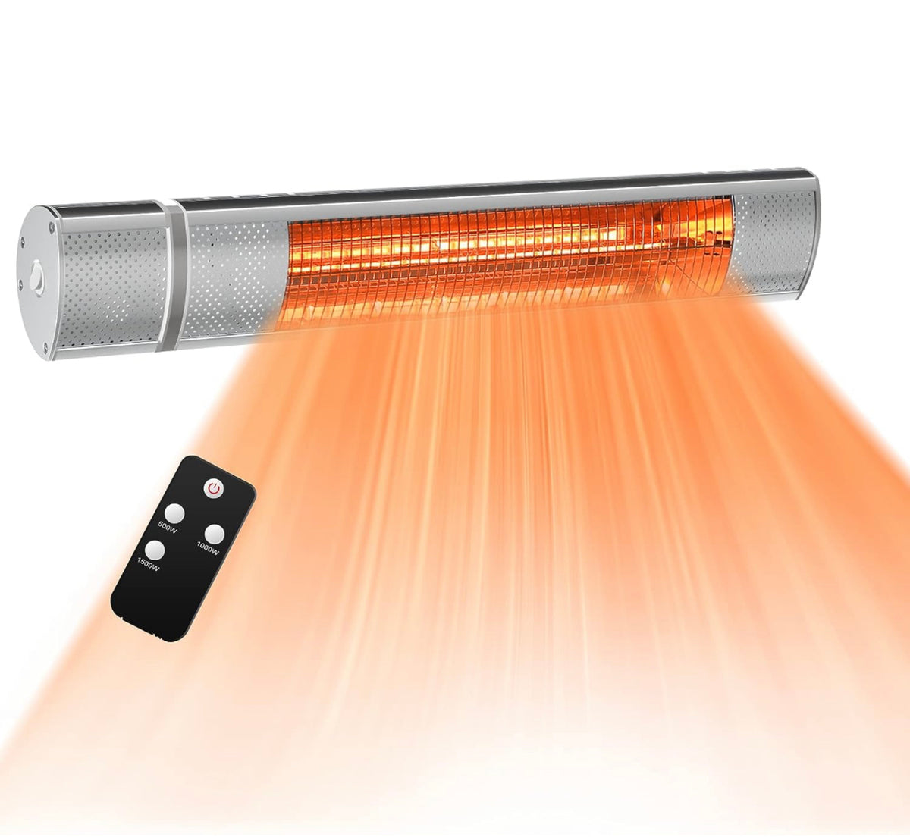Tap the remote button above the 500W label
coord(176,513)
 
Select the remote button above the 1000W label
coord(215,533)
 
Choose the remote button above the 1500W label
coord(156,550)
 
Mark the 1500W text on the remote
coord(149,565)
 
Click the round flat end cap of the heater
coord(36,281)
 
